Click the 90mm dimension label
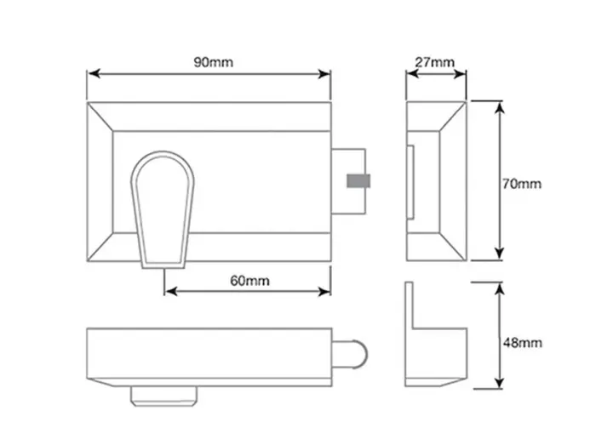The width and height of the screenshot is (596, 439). coord(209,62)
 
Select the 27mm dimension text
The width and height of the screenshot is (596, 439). coord(436,62)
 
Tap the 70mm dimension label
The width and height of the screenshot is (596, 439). coord(521,183)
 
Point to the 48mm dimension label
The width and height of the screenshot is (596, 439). coord(521,342)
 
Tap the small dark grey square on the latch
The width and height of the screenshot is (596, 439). coord(358,180)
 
